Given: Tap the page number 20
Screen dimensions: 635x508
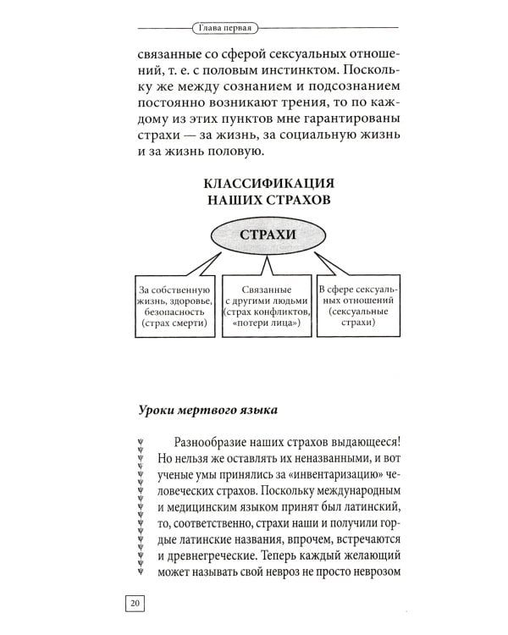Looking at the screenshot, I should click(135, 603).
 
